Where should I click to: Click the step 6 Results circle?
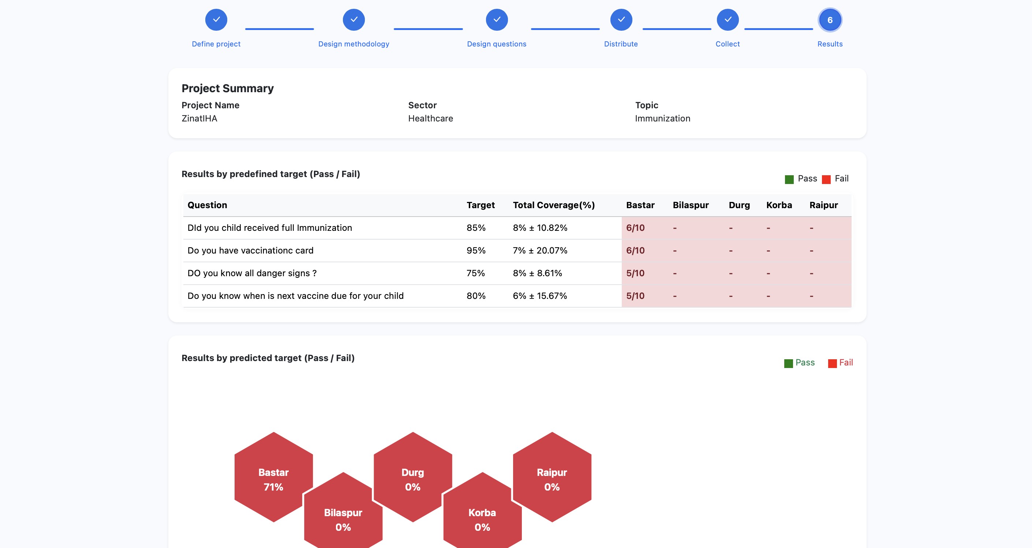[830, 20]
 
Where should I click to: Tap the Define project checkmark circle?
[216, 20]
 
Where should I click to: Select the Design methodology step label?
[354, 44]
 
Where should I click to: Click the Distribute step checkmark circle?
[621, 20]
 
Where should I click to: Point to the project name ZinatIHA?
[199, 119]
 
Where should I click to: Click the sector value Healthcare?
[430, 119]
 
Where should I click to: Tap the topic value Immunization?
[662, 119]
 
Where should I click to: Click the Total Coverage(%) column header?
[554, 205]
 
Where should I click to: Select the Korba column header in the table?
[779, 205]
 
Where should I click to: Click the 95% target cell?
[476, 251]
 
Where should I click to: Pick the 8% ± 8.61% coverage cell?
[537, 273]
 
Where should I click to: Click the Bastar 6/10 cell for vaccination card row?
[635, 251]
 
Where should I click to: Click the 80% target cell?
[476, 296]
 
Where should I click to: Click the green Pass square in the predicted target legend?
[788, 363]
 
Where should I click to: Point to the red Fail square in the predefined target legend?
[826, 180]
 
